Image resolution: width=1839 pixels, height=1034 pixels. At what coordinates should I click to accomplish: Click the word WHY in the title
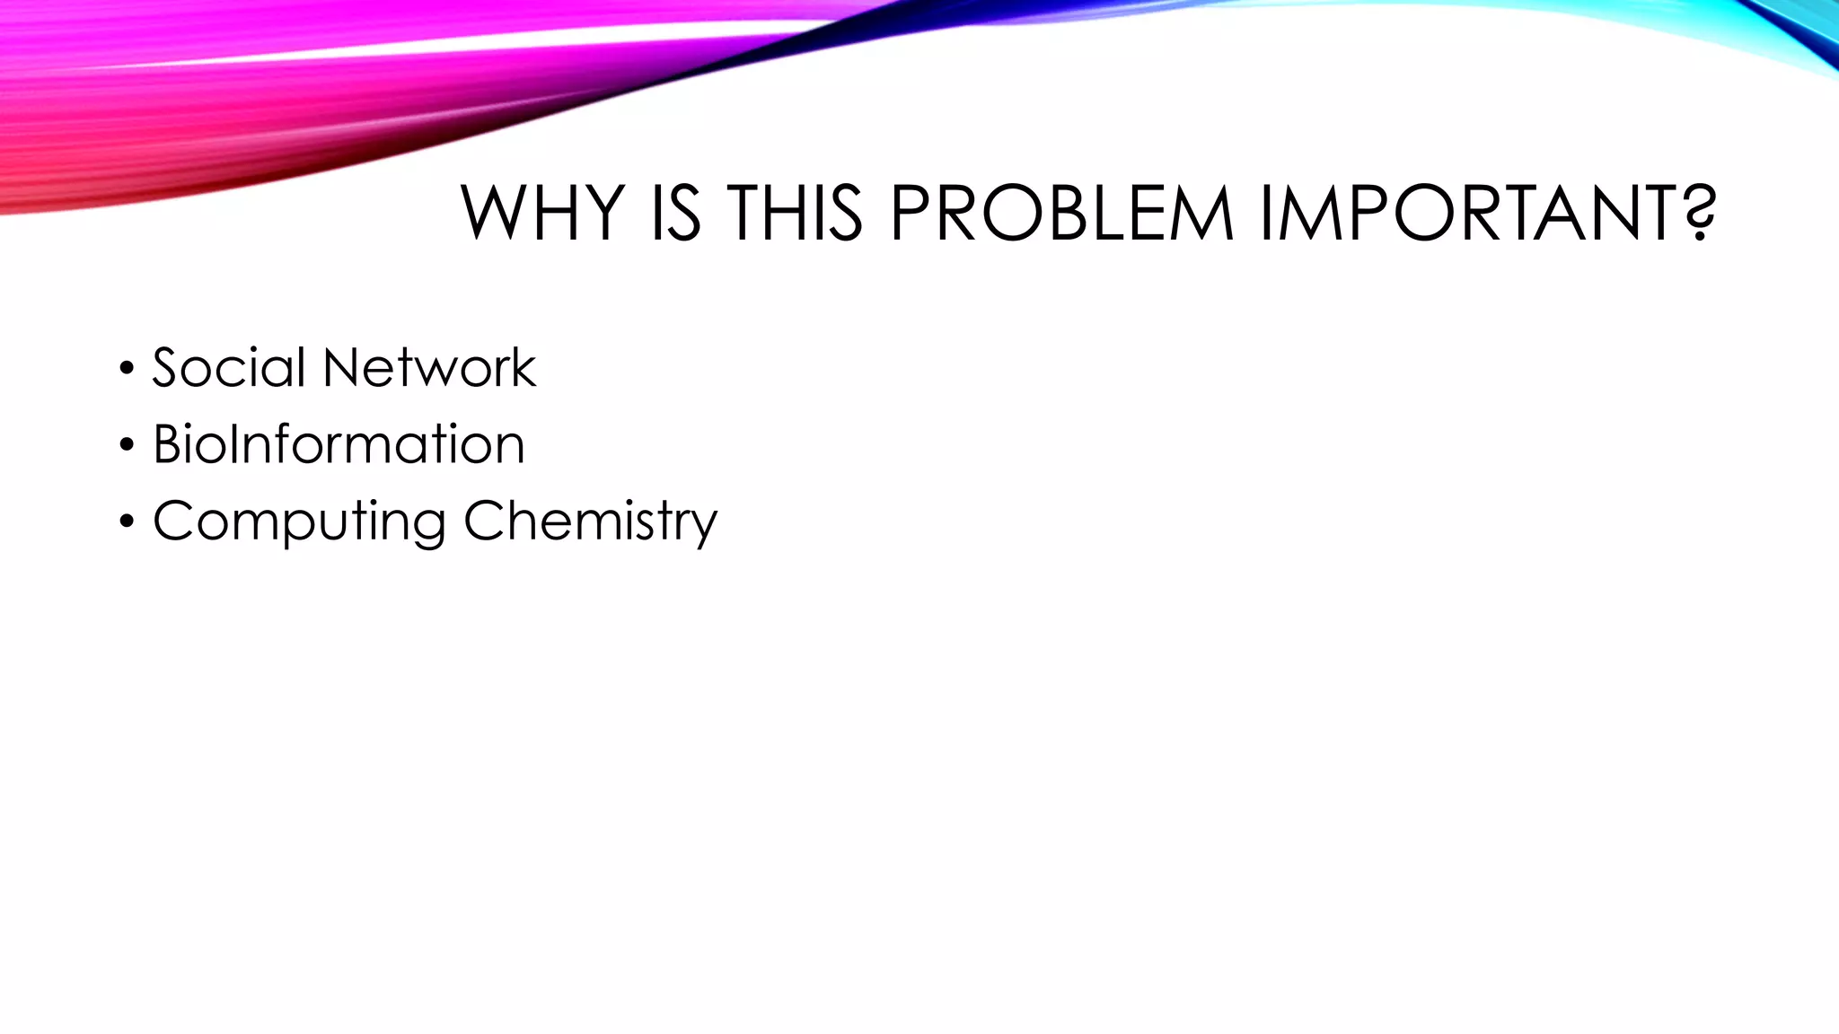tap(542, 214)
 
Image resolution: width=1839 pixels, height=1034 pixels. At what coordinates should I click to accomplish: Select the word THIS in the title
tap(795, 214)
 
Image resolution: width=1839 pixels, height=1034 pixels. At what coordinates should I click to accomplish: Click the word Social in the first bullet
tap(229, 367)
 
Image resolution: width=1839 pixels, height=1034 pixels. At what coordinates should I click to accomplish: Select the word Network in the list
tap(429, 367)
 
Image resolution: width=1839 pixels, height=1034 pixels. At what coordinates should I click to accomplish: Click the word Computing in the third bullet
tap(299, 521)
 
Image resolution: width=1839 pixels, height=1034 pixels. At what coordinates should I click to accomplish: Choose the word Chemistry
tap(590, 521)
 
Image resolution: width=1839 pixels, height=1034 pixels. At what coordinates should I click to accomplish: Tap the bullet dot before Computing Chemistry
tap(127, 521)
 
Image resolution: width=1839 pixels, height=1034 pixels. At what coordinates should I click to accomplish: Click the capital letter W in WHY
tap(494, 214)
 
